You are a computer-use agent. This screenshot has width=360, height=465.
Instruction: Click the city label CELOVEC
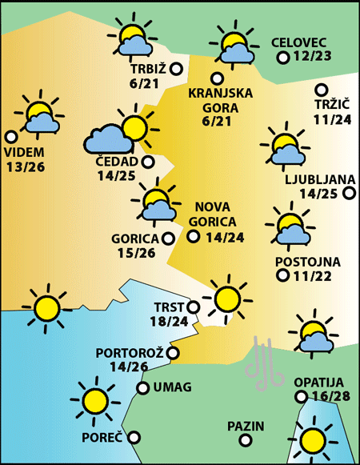coord(299,42)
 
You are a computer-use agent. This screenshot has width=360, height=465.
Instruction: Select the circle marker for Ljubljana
coord(348,193)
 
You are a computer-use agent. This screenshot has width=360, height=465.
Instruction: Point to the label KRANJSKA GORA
coord(221,100)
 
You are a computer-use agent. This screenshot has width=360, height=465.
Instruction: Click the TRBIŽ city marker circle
coord(177,70)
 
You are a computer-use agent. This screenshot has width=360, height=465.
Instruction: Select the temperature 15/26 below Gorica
coord(135,254)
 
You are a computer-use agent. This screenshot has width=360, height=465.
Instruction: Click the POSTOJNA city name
coord(308,262)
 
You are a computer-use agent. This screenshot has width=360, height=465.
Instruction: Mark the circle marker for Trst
coord(193,307)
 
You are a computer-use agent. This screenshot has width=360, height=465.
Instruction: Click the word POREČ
coord(102,438)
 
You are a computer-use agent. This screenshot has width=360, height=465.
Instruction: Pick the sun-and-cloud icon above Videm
coord(39,117)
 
